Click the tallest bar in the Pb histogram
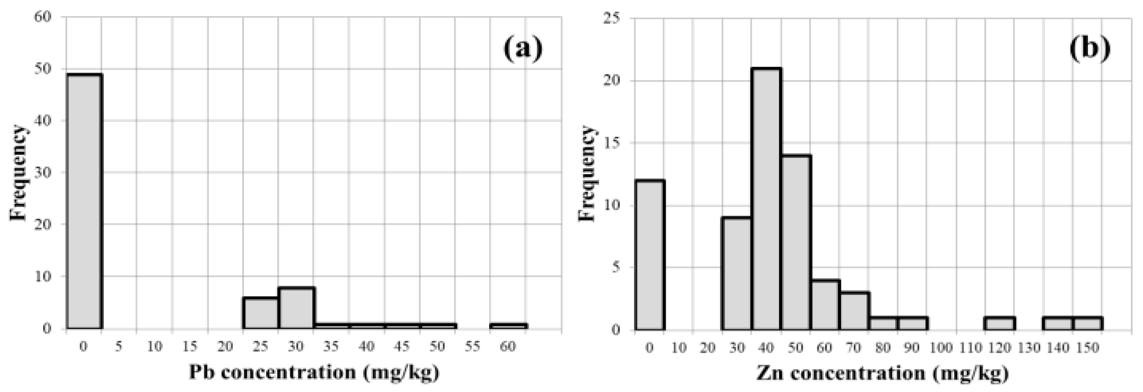click(84, 202)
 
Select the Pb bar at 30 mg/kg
click(296, 308)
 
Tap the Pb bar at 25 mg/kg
click(261, 313)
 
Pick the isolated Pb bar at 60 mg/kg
click(509, 326)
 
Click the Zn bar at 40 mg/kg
click(766, 200)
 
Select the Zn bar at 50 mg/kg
click(796, 243)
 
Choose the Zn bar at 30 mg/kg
click(737, 274)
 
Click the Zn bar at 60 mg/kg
click(825, 305)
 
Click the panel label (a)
click(523, 50)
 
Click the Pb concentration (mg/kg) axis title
click(314, 372)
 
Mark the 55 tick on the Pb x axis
click(473, 346)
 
